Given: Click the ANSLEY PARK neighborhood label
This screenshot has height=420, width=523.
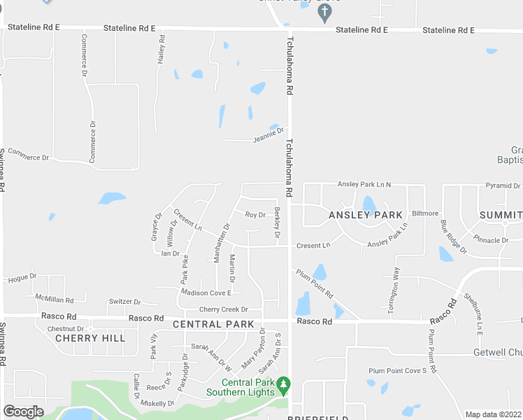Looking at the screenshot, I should pos(366,215).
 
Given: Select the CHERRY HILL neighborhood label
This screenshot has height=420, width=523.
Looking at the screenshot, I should pos(90,338).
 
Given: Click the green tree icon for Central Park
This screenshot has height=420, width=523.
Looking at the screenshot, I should pos(283,384).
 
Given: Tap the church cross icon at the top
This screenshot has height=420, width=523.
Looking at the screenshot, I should pos(324,13).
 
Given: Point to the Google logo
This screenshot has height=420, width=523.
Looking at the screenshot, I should pos(24,412).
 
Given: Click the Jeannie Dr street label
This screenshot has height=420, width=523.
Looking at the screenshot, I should pos(269,134).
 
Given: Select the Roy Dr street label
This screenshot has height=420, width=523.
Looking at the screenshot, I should pos(255,215).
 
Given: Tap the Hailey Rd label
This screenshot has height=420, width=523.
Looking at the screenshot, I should pos(162,51).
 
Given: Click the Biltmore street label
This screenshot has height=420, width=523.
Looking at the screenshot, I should pos(425,213).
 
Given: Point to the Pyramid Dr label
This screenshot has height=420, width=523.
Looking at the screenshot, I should pos(503,186).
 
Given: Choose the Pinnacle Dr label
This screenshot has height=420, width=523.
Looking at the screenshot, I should pos(491,240).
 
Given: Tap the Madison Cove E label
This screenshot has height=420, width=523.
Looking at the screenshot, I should pos(206,293).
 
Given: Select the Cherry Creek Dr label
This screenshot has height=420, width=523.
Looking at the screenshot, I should pos(224,309).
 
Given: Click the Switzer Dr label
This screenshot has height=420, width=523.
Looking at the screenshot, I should pos(124,302).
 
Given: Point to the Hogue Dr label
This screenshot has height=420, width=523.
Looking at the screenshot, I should pos(22,278).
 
